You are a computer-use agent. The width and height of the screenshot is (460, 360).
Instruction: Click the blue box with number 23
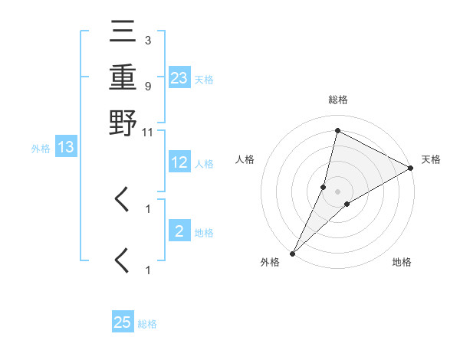179,77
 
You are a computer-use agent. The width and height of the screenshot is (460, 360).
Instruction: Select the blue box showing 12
179,162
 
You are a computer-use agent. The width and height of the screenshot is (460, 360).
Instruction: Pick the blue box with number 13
65,147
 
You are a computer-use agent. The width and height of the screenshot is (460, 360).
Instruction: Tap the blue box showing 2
179,231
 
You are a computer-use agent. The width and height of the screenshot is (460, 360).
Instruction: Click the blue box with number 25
123,322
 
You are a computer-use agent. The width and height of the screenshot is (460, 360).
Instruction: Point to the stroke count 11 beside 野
147,133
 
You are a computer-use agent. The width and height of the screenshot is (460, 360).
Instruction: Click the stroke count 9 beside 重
147,86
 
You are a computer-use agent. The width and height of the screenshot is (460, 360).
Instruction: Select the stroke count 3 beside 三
147,40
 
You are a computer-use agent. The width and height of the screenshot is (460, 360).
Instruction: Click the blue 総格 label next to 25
147,324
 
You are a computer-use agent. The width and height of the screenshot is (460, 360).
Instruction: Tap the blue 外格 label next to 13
40,149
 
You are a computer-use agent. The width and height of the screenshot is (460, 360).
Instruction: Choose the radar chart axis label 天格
431,159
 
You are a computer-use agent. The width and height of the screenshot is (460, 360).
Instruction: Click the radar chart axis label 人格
245,159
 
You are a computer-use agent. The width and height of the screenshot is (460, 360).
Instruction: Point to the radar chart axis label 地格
402,263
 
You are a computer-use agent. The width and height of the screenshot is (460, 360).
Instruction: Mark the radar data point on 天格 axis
411,169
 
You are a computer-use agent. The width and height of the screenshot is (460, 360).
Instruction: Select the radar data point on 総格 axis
337,130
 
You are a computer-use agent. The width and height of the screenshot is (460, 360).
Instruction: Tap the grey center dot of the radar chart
337,191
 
